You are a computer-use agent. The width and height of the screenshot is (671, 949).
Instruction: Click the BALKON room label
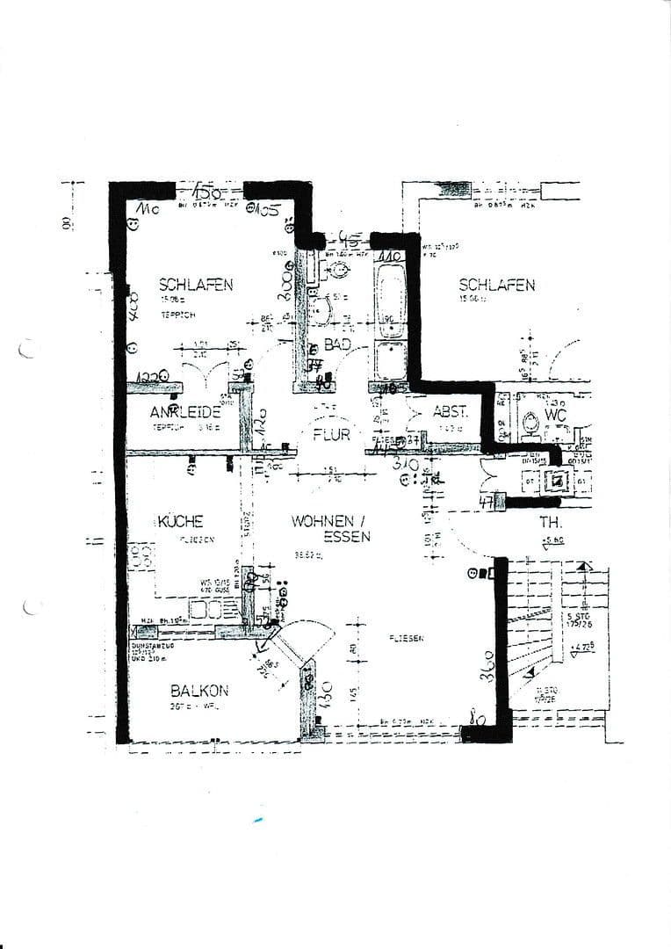pos(200,691)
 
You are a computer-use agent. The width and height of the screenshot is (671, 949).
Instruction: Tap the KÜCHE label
pos(181,521)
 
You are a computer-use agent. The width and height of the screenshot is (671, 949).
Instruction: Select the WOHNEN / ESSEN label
pos(335,528)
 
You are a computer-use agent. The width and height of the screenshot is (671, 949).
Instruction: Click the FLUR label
pos(331,434)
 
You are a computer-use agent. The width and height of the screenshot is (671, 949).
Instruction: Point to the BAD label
pos(338,345)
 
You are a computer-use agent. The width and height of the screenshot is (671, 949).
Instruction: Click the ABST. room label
pos(451,411)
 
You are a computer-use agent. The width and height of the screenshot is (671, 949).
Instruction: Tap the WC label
pos(556,414)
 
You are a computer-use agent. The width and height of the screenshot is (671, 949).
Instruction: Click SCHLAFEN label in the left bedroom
pos(196,284)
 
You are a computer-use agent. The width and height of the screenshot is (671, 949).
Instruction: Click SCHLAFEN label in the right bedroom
pos(497,285)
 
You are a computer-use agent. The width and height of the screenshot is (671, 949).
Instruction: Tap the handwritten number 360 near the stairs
pos(488,667)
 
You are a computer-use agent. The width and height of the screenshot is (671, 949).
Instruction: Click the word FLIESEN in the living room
pos(406,638)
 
